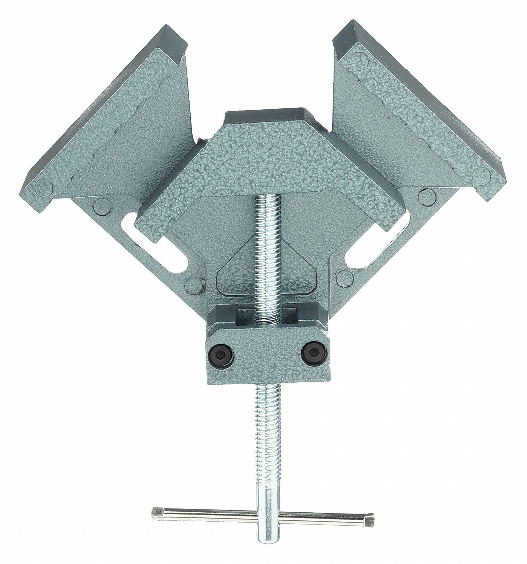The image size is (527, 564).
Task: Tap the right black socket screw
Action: point(314,354)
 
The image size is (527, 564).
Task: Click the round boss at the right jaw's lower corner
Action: point(481,176)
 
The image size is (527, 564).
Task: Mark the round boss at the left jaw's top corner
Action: point(155,70)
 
